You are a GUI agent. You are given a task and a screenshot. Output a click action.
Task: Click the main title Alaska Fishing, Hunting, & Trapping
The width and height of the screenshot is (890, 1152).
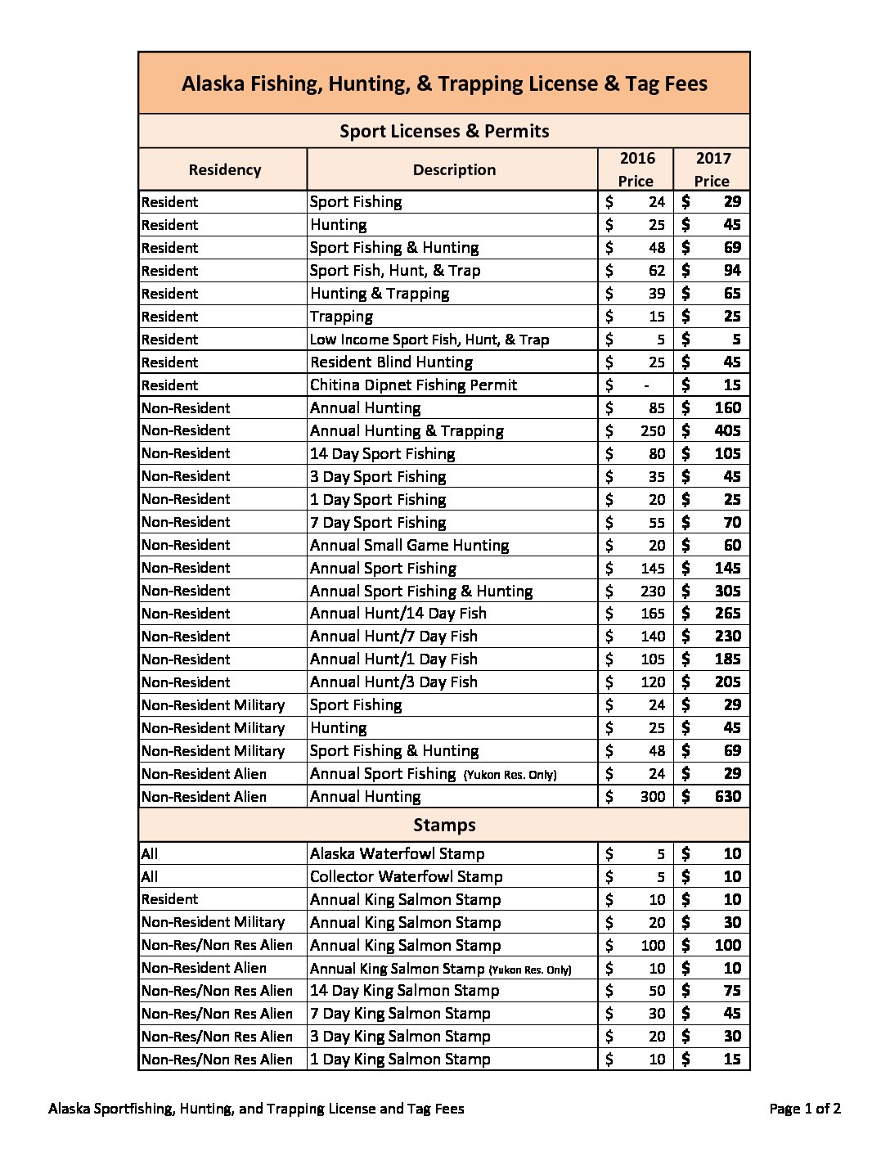point(444,83)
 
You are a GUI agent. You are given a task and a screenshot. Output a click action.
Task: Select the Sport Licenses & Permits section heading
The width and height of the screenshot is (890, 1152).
point(444,131)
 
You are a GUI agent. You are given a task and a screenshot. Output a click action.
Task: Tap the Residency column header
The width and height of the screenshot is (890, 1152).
point(224,169)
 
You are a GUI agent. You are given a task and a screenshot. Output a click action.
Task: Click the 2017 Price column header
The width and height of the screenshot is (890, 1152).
point(712,169)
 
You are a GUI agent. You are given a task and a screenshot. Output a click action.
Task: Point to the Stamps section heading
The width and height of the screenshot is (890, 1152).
point(444,825)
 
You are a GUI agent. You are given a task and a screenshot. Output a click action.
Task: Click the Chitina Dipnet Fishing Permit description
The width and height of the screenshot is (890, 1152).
point(413,385)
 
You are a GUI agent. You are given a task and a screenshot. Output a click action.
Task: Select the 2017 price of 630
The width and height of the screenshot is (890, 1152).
point(727,796)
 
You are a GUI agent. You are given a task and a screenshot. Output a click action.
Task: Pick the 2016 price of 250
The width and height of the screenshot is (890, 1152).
point(653,430)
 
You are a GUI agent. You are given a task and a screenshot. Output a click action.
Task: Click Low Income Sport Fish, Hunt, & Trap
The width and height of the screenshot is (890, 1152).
point(429,340)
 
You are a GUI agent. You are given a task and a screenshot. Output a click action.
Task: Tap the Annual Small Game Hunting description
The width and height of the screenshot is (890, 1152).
point(409,545)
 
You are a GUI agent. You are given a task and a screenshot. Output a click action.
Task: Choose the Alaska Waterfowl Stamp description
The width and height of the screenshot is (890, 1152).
point(397,853)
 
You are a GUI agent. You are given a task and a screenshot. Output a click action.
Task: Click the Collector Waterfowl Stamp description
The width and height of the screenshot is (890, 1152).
point(406,876)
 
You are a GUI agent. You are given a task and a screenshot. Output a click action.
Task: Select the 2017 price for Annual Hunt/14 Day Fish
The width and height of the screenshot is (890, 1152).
point(727,613)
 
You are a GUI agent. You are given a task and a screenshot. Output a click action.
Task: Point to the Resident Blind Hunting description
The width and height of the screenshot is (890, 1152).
point(391,362)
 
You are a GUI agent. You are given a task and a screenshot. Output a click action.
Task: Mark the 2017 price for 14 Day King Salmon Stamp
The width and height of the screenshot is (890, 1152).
point(731,990)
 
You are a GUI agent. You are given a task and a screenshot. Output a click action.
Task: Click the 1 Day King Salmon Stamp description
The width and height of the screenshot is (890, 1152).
point(400,1059)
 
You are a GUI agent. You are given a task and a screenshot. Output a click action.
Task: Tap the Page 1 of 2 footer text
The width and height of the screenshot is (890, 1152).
point(805,1109)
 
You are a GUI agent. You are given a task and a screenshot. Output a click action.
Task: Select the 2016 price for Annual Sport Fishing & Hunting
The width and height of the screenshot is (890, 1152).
point(653,591)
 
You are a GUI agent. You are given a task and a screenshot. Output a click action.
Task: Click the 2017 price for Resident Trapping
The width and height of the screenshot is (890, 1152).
point(731,316)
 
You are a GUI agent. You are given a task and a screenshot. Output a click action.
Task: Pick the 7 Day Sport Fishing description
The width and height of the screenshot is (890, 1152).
point(378,522)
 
